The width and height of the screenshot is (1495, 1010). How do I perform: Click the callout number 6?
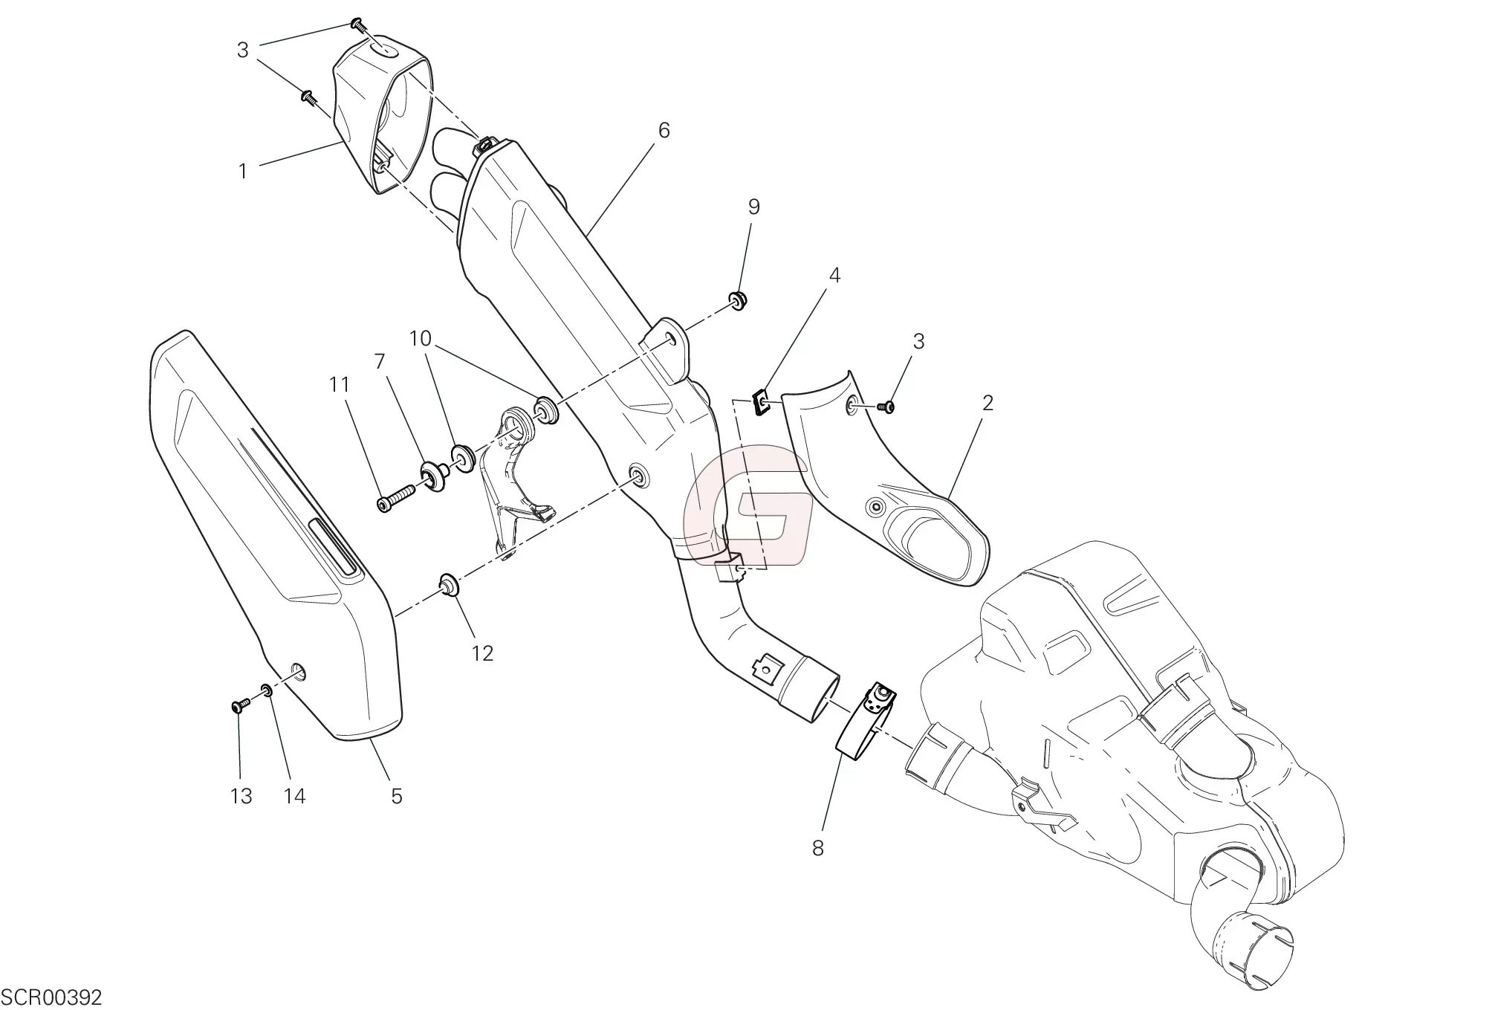tap(664, 131)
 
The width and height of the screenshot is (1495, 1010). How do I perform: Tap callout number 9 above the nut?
tap(753, 207)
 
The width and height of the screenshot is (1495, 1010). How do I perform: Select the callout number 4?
tap(834, 276)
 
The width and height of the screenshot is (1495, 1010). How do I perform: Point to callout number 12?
tap(482, 653)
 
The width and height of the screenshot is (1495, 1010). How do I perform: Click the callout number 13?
tap(241, 797)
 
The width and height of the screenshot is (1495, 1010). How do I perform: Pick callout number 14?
tap(295, 797)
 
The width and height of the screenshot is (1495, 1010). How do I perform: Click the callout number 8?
tap(818, 849)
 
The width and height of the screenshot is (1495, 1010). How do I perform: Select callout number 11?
tap(340, 385)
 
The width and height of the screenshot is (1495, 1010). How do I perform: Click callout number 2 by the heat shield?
tap(988, 403)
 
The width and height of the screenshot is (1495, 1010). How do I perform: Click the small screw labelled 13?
tap(239, 705)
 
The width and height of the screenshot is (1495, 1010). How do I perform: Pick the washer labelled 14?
tap(267, 691)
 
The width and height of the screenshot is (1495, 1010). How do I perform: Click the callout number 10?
tap(420, 339)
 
